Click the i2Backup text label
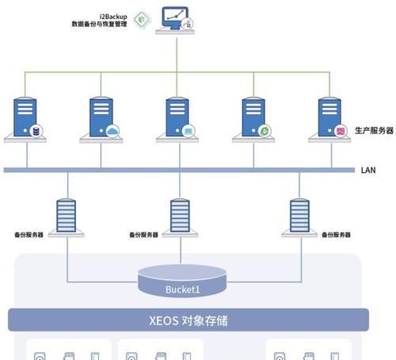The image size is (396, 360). tap(113, 17)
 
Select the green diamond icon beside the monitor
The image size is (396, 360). tap(142, 19)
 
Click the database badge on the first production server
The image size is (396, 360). tap(36, 131)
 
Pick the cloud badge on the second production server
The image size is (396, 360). tap(112, 131)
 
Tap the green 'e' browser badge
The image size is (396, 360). tap(265, 131)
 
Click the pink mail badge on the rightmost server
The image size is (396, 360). tap(341, 131)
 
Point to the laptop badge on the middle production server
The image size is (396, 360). tap(188, 131)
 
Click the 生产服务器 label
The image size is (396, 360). tap(374, 130)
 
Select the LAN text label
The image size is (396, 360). tap(368, 170)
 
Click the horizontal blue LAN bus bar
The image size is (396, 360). tap(179, 170)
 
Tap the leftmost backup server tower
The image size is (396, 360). tap(67, 216)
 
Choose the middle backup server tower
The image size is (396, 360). tap(180, 216)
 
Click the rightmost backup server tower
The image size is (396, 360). tap(299, 216)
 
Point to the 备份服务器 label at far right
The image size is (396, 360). tap(336, 235)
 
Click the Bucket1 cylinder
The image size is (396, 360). tap(182, 281)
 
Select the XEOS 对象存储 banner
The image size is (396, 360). tap(188, 320)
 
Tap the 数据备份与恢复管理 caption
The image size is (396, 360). tap(100, 24)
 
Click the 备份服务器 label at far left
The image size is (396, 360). tap(29, 235)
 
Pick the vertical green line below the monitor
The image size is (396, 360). tap(177, 55)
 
